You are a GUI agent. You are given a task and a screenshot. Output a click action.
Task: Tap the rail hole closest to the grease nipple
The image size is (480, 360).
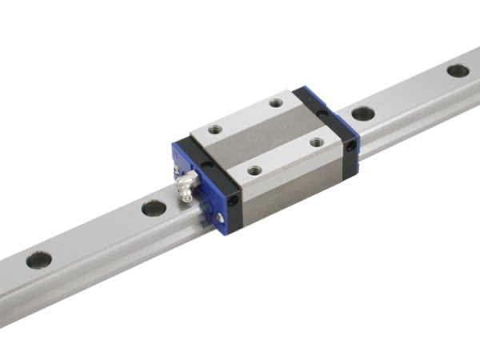tap(154, 209)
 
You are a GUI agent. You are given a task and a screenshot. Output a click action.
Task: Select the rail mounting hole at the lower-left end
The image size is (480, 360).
tap(38, 260)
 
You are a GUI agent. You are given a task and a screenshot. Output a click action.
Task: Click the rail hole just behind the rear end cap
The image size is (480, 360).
tap(363, 114)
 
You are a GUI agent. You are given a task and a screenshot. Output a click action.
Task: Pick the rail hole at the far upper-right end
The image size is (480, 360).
tap(458, 70)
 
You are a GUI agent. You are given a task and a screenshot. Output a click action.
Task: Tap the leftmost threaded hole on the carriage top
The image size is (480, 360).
tap(215, 129)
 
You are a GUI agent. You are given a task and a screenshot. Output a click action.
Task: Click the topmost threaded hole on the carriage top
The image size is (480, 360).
tap(276, 102)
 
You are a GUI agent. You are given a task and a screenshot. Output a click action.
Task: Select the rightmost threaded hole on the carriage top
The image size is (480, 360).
tap(317, 142)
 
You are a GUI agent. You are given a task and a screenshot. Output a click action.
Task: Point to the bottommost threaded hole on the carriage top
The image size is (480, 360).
tap(254, 170)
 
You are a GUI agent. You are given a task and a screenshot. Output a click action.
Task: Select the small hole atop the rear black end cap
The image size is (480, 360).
tap(322, 116)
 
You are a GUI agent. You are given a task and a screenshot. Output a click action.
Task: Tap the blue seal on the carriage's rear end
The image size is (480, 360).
tap(355, 136)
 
